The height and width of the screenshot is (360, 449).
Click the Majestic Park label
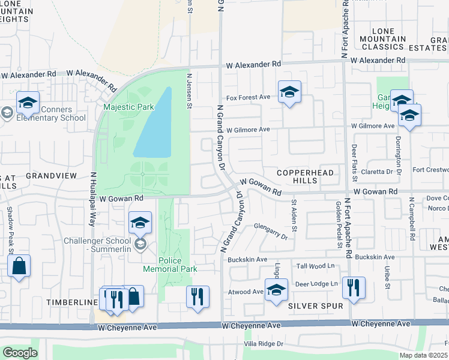coord(128,107)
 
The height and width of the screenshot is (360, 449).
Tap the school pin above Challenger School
coord(140,223)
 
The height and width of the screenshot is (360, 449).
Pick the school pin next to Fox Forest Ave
coord(289,92)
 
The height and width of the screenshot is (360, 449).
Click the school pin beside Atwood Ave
coord(276,290)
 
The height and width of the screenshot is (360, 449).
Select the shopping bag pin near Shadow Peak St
coord(19,266)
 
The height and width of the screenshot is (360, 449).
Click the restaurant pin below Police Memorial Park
coord(197,296)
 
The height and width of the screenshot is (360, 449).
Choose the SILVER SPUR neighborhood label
coord(315,306)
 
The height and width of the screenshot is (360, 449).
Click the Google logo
coord(20,353)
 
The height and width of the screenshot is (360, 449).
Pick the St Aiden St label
coord(294,215)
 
